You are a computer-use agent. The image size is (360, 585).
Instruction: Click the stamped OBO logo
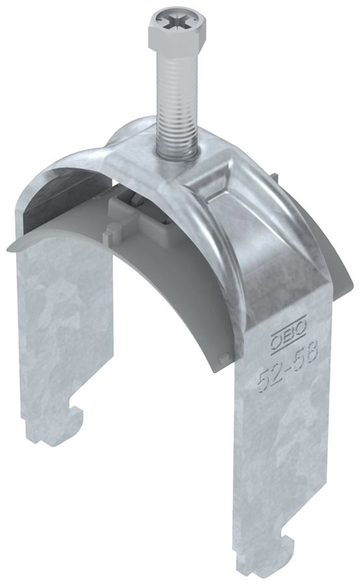[282, 341]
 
